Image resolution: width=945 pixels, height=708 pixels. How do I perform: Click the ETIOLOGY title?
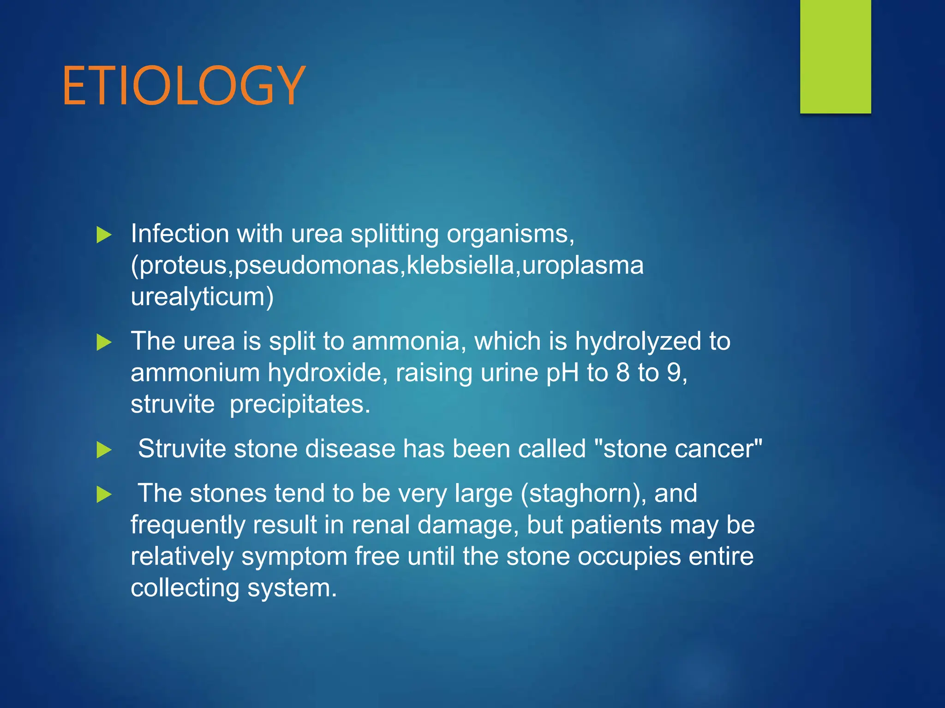tap(184, 86)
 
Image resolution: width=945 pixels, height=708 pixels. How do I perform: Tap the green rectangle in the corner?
tap(835, 56)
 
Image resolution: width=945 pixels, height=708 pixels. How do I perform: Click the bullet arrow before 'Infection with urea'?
tap(104, 235)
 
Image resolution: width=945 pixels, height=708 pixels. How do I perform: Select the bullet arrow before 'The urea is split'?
tap(104, 342)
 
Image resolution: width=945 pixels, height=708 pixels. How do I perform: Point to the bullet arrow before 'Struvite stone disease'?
tap(104, 450)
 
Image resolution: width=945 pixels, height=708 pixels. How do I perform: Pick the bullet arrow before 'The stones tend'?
tap(104, 495)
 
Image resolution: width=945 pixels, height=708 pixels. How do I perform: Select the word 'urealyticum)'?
tap(202, 297)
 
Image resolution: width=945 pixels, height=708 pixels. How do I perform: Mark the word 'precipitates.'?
tap(300, 405)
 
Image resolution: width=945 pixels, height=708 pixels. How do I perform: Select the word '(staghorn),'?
tap(583, 494)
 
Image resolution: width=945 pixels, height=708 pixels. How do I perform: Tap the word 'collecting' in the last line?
tap(185, 588)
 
